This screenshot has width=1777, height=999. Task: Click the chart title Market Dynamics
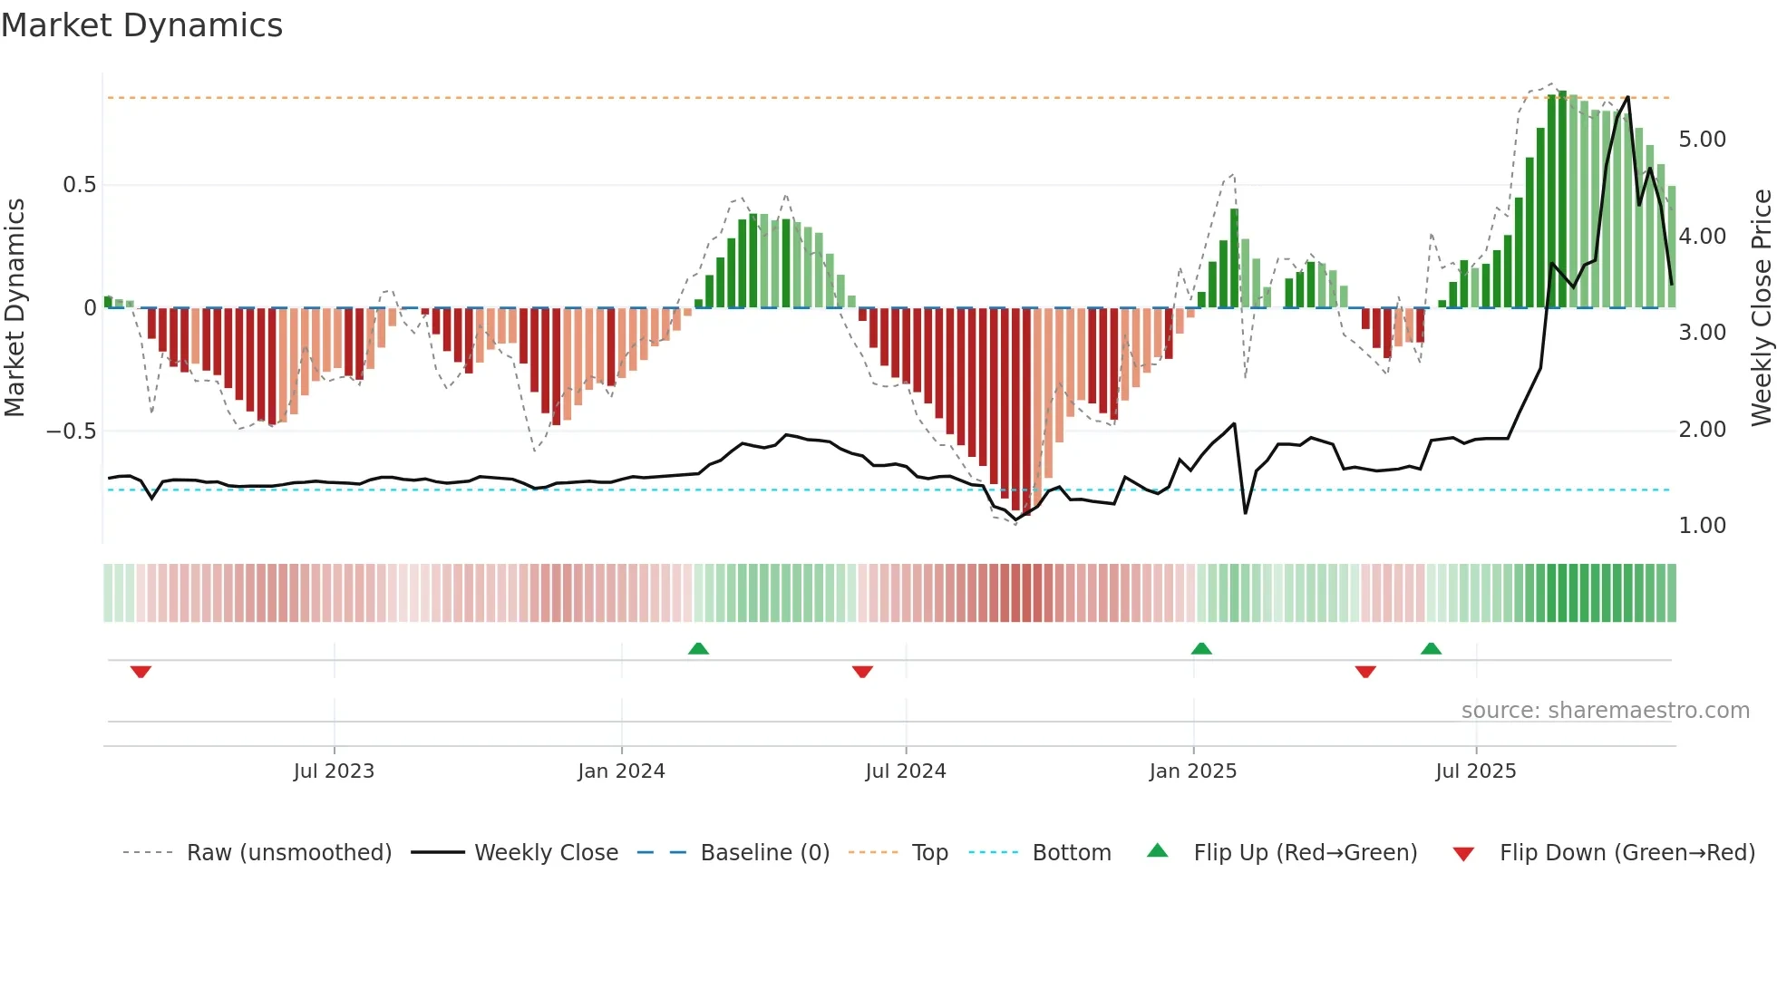point(141,25)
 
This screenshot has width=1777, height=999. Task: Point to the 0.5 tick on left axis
point(79,185)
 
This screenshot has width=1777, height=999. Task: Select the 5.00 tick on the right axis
point(1702,140)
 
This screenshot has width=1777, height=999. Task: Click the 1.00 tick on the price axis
point(1702,526)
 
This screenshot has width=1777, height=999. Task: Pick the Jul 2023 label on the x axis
point(334,771)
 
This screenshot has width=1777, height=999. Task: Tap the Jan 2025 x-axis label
point(1192,771)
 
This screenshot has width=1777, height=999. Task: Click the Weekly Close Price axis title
point(1761,307)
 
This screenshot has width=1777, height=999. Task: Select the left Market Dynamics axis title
point(15,307)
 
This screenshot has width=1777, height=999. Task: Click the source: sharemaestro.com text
point(1605,711)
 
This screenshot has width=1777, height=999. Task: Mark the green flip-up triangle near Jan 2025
point(1201,649)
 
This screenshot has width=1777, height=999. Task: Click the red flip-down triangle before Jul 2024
point(862,672)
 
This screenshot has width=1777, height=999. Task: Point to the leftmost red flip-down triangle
point(141,672)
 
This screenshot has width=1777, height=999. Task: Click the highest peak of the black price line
point(1628,97)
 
